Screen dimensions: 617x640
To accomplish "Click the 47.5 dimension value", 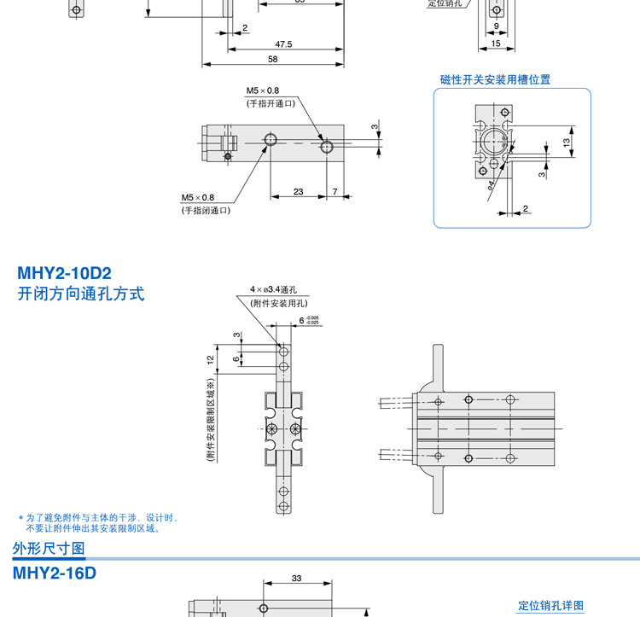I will [x=283, y=44].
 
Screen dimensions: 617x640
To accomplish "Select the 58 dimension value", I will [x=273, y=59].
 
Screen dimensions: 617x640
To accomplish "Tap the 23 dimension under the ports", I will [x=299, y=191].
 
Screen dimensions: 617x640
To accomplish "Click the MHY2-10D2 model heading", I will [x=64, y=274].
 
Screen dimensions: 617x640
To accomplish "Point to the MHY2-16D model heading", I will [x=55, y=573].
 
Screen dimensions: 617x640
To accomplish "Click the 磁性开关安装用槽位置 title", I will [x=495, y=79].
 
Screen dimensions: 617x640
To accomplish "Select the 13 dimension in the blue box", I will [x=566, y=141].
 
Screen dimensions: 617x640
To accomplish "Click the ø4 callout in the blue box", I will [x=492, y=183].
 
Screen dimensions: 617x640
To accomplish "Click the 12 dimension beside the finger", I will [x=210, y=358].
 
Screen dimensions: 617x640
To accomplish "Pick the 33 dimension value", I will [x=297, y=579].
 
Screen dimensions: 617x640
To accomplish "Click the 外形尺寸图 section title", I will [x=49, y=548].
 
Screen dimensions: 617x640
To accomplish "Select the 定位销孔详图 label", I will [x=551, y=606].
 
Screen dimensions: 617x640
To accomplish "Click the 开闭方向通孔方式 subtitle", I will [x=81, y=294].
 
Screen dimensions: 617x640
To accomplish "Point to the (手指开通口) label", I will [x=271, y=103].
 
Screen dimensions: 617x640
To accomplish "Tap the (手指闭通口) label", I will [x=206, y=210].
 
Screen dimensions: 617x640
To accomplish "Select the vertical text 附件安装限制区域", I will [x=209, y=421].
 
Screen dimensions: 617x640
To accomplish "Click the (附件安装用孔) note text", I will [x=279, y=303].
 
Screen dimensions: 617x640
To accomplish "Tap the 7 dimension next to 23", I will [x=335, y=191].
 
